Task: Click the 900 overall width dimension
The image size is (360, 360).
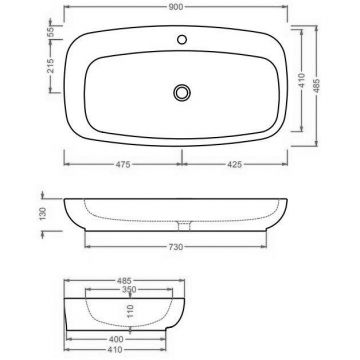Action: click(x=181, y=8)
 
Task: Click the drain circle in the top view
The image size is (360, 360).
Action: click(x=181, y=90)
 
